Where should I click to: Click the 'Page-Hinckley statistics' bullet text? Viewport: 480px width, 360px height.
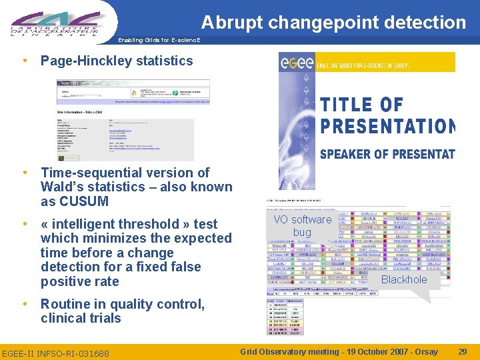click(117, 61)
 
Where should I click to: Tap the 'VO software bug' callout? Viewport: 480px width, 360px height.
click(302, 225)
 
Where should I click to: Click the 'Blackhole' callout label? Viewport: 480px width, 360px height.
click(403, 279)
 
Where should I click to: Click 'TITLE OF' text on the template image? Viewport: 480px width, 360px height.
click(362, 105)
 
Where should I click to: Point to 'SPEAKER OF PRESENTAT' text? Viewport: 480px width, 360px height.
click(387, 154)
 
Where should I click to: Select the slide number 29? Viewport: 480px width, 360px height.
click(463, 351)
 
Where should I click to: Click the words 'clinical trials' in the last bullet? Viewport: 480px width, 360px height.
click(81, 318)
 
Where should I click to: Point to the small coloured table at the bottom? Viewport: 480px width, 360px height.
click(284, 317)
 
